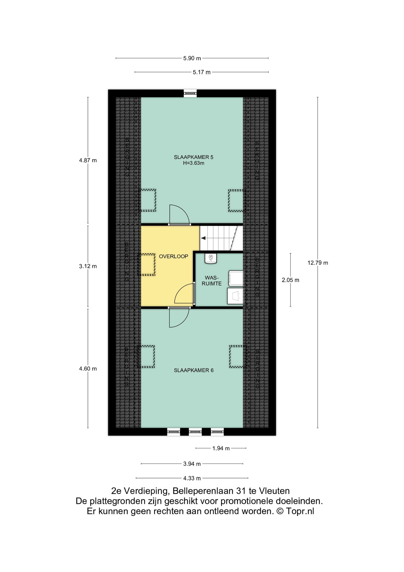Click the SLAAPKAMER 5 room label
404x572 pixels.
[193, 157]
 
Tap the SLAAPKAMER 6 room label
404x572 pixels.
[193, 370]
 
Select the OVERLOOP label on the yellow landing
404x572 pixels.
[173, 256]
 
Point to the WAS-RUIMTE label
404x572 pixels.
[213, 281]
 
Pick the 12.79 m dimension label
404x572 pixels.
[318, 263]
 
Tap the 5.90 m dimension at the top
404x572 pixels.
[192, 58]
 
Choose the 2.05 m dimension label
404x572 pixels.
[290, 280]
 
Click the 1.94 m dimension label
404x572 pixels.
[221, 449]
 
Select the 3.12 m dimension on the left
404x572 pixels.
[88, 266]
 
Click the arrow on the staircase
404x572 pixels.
[203, 238]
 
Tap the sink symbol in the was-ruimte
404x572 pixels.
[211, 258]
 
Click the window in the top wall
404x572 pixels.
[190, 93]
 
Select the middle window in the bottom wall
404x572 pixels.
[195, 432]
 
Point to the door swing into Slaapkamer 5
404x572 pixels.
[179, 214]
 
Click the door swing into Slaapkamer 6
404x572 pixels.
[179, 317]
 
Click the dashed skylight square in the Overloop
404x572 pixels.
[147, 264]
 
